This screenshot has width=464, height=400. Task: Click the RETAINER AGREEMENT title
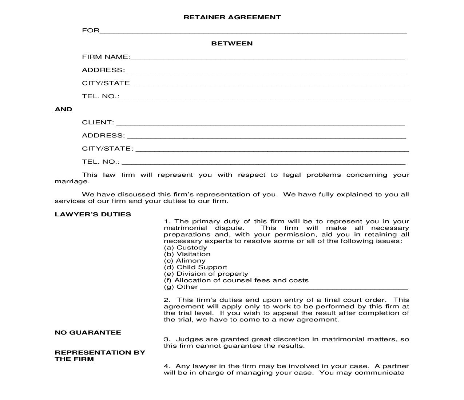232,17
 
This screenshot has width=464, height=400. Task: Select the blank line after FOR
253,31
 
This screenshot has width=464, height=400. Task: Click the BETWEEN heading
232,43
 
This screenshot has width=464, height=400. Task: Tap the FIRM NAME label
106,57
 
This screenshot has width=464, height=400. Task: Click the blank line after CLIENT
260,124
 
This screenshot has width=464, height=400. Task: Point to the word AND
63,109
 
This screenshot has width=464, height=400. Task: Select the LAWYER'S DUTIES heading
93,214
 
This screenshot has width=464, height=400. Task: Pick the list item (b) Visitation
187,254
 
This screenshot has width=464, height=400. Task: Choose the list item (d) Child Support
195,267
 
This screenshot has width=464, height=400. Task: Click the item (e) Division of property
206,274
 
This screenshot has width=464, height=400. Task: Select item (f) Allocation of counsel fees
236,280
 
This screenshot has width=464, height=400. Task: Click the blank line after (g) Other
304,288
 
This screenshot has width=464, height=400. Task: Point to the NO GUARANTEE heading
88,332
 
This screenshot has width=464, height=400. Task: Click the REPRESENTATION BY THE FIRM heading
100,356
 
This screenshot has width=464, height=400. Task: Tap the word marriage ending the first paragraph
71,181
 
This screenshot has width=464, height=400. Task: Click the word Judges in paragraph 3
187,339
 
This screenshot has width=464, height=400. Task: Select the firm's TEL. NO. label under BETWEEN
100,96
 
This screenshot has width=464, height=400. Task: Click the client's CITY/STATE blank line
272,150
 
